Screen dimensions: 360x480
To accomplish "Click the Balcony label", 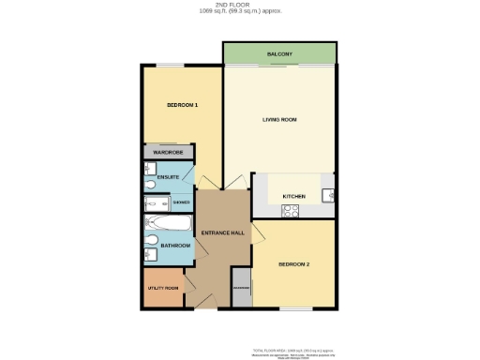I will (x=279, y=54).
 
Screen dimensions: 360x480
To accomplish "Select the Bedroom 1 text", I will (x=182, y=105).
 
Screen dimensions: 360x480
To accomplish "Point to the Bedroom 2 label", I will (x=293, y=265).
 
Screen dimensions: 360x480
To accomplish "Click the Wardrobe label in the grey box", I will (x=168, y=151).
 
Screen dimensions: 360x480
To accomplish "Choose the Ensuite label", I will (x=169, y=177).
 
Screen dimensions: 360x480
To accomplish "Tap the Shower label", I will (x=181, y=202).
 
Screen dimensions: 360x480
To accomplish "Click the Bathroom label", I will (x=174, y=246).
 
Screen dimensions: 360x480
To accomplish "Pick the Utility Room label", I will (x=163, y=289).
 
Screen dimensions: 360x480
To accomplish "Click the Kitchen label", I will (x=294, y=196).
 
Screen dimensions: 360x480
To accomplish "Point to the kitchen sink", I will (x=327, y=196).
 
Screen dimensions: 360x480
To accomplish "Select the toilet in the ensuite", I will (x=152, y=186).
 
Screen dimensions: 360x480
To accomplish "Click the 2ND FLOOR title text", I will (x=239, y=5).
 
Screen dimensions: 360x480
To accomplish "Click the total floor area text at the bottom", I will (x=295, y=347).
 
